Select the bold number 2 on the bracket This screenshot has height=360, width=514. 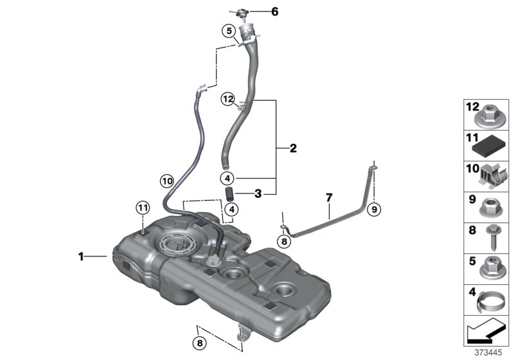click(x=293, y=149)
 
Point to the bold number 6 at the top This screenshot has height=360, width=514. click(x=275, y=12)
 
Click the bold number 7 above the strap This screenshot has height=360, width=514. click(x=328, y=196)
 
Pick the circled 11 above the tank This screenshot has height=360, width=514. click(x=142, y=207)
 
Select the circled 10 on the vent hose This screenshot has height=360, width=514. click(x=167, y=181)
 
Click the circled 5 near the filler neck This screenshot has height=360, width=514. click(x=228, y=30)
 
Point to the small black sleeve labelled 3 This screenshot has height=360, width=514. click(x=228, y=193)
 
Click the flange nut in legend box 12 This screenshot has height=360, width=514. click(x=488, y=117)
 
